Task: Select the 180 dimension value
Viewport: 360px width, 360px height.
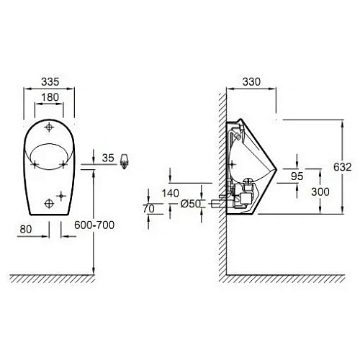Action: tap(50, 97)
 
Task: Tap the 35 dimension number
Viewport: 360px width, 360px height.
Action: tap(109, 156)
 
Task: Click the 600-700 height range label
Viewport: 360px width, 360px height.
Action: tap(94, 225)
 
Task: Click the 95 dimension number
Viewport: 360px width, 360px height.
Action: tap(296, 175)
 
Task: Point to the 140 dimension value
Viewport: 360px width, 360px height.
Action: tap(171, 193)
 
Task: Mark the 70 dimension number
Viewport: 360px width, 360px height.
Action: tap(150, 209)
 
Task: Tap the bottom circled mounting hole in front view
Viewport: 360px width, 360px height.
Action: tap(50, 197)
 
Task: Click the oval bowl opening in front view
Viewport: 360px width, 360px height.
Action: tap(50, 154)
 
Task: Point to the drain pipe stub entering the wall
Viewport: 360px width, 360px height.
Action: tap(215, 204)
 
